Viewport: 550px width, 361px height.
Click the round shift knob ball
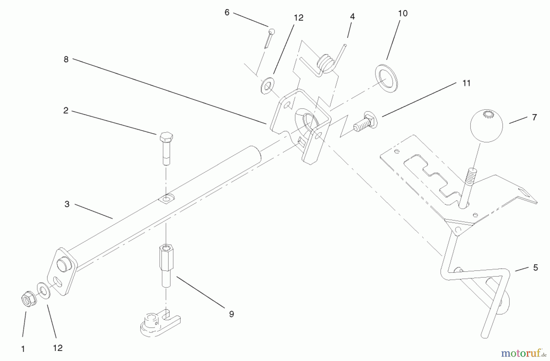[x=486, y=126]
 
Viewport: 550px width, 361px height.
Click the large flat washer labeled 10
[x=387, y=78]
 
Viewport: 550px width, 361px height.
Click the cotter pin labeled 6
[x=269, y=38]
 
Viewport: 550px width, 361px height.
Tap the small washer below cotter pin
[x=267, y=86]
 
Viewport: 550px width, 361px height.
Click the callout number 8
[x=66, y=59]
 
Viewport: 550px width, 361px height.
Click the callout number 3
[x=67, y=204]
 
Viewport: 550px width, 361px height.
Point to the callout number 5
[x=535, y=267]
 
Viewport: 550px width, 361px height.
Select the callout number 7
[x=534, y=117]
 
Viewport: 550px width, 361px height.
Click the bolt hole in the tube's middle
[x=166, y=200]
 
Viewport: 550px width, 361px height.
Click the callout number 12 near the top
[x=298, y=18]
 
